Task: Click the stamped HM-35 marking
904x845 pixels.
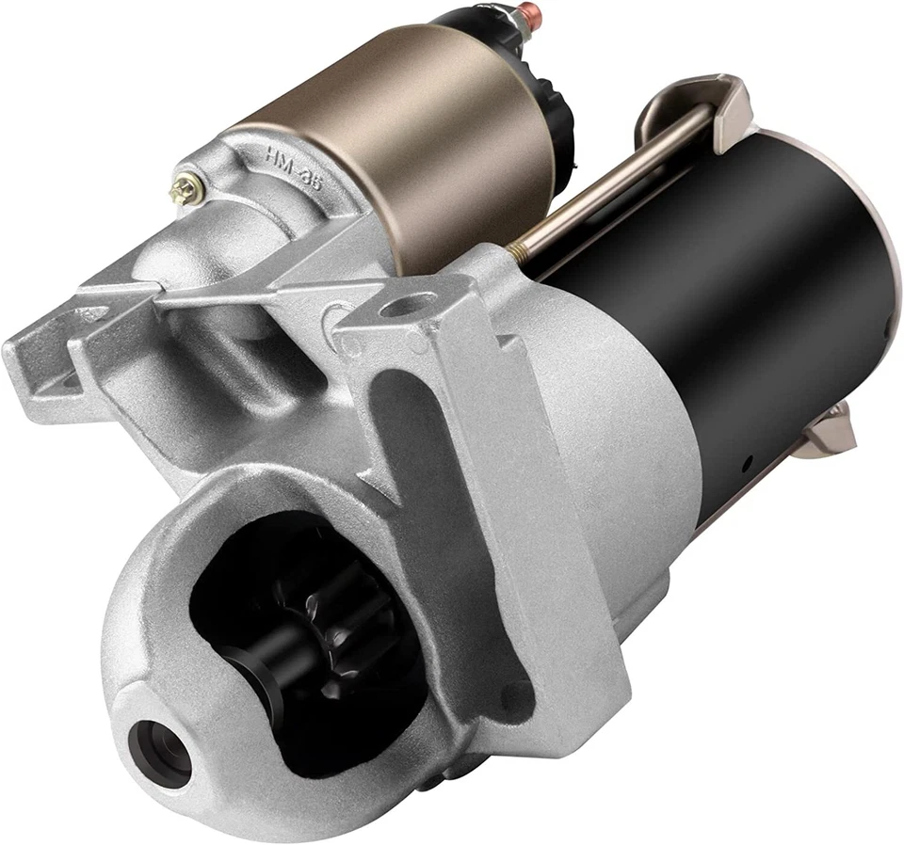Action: (x=293, y=167)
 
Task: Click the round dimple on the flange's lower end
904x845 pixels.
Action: (x=515, y=697)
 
